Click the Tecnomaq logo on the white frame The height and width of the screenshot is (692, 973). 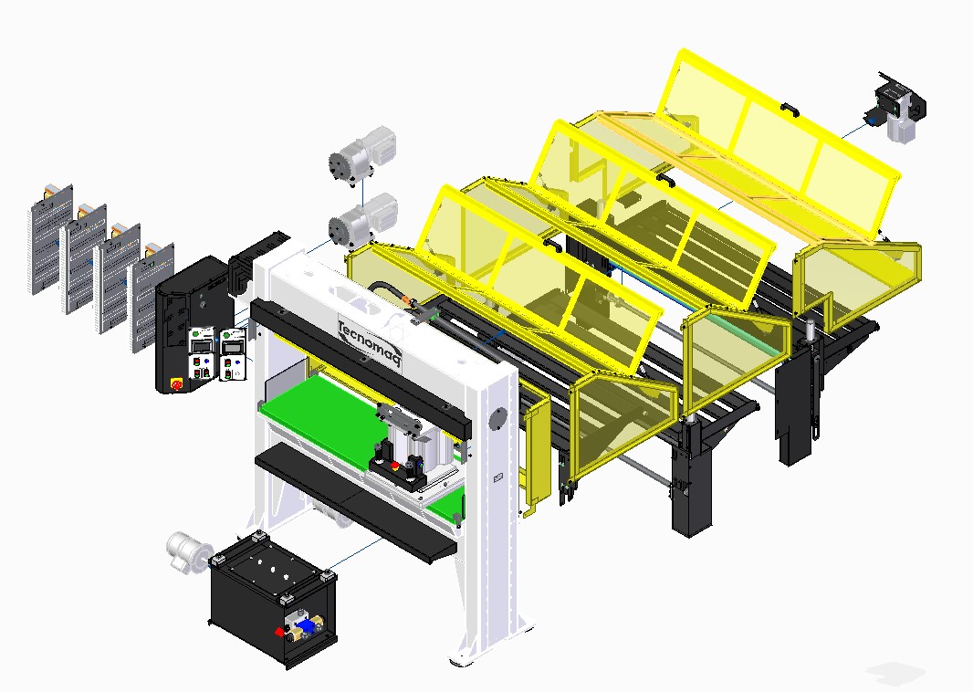(370, 342)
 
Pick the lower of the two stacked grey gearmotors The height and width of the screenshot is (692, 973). (362, 220)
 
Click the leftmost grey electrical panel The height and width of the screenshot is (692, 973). (51, 238)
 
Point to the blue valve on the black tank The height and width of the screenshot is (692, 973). (305, 625)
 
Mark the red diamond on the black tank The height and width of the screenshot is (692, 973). (279, 633)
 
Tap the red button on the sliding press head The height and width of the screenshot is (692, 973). (394, 465)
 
